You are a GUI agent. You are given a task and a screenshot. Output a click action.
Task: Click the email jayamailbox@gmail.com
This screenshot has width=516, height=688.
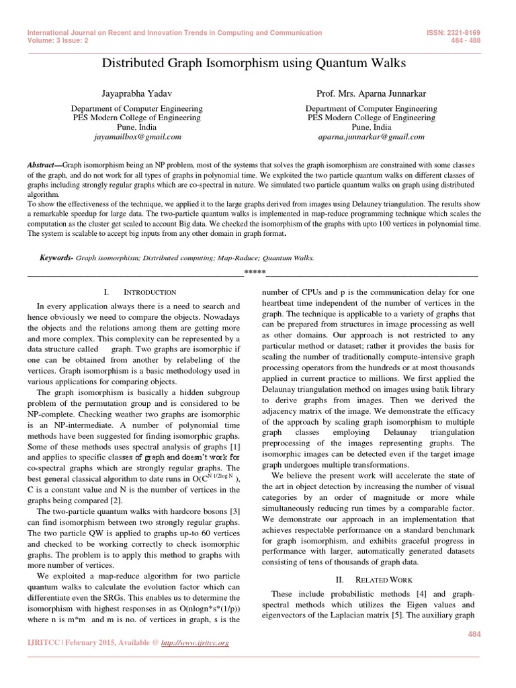pos(137,136)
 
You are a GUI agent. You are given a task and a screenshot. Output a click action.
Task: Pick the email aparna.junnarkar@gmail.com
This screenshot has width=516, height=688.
pos(371,136)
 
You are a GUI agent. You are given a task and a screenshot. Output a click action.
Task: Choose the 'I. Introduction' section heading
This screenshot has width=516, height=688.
pos(140,292)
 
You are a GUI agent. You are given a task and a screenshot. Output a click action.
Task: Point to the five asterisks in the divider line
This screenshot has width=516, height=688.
pos(255,272)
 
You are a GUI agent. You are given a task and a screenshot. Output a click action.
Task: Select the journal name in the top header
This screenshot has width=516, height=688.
pos(174,33)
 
